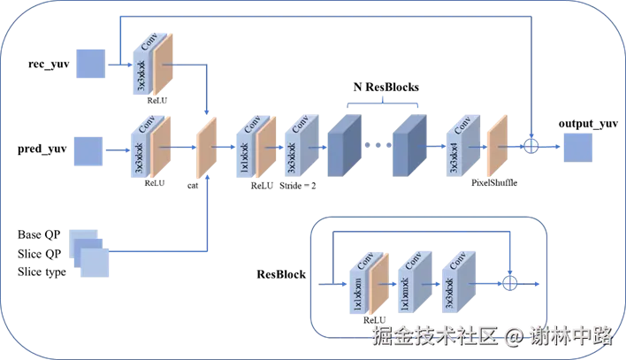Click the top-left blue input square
tap(89, 64)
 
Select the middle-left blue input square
tap(88, 149)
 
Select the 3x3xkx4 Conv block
tap(460, 144)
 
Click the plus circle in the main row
tap(532, 145)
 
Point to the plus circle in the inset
tap(509, 282)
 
